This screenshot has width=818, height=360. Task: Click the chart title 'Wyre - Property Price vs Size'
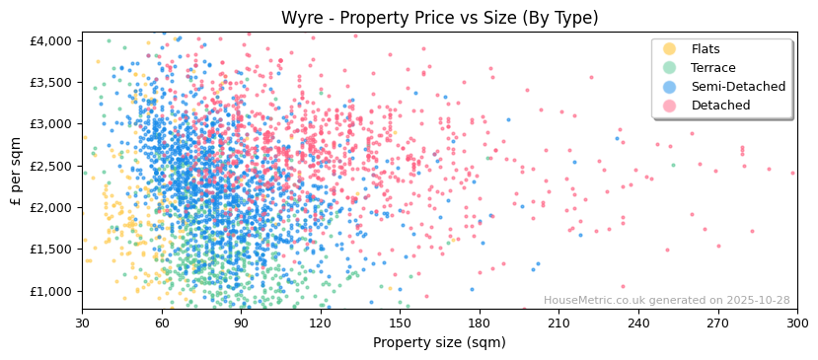coord(439,18)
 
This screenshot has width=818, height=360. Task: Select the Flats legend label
coord(706,49)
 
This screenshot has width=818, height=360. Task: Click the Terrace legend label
coord(712,68)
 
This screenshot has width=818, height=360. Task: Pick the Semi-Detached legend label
coord(738,87)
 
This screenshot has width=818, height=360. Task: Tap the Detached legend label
coord(720,106)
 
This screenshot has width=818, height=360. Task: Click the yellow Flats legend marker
coord(669,49)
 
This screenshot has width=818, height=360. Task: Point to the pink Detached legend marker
coord(669,106)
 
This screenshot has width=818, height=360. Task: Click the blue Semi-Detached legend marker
coord(669,87)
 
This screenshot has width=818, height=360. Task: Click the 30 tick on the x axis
coord(82,322)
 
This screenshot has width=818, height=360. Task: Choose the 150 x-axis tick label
coord(400,322)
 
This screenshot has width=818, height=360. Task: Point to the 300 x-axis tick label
coord(796,322)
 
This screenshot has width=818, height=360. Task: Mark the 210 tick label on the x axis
coord(558,322)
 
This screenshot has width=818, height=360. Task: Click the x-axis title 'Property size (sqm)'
coord(439,342)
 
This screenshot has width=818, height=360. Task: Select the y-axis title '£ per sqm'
coord(17,171)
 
